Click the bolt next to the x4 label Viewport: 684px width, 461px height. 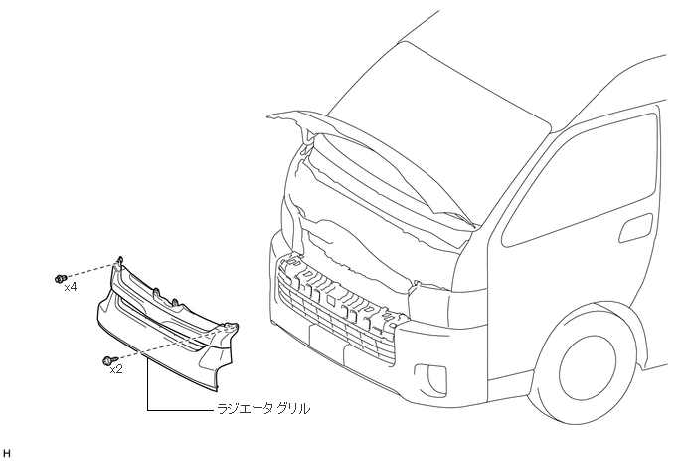tap(61, 278)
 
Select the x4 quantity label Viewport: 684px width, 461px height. tap(71, 287)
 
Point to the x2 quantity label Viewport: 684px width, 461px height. tap(116, 369)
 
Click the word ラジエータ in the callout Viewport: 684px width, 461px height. tap(240, 409)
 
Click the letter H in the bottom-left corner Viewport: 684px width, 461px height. tap(8, 453)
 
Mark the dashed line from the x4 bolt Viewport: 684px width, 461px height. tap(89, 270)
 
